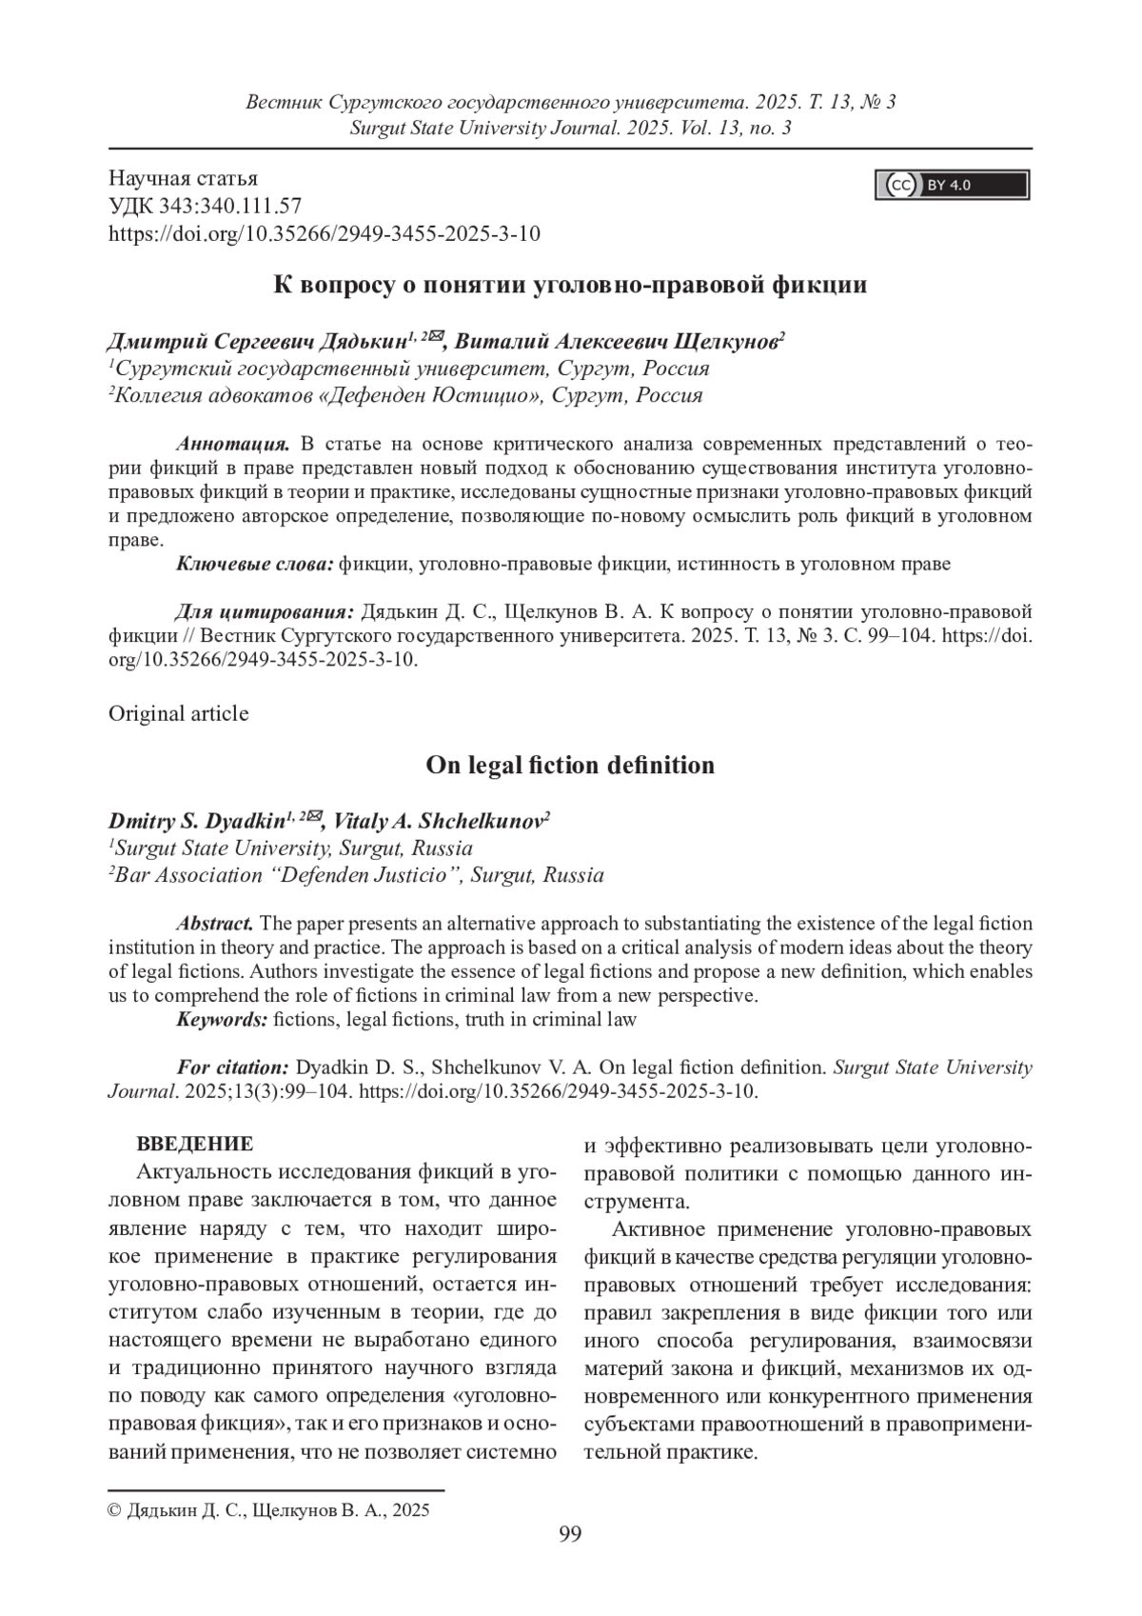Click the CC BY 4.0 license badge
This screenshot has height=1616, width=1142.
tap(952, 185)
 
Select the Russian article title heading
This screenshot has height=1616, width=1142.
tap(570, 284)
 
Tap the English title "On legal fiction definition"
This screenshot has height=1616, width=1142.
tap(570, 765)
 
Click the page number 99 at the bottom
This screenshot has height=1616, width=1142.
tap(571, 1533)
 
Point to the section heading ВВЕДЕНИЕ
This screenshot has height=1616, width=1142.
tap(195, 1144)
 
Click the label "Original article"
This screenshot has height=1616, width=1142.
tap(179, 713)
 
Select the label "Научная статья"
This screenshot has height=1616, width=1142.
tap(184, 178)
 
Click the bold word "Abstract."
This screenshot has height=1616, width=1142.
tap(215, 923)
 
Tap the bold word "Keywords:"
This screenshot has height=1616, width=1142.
tap(222, 1020)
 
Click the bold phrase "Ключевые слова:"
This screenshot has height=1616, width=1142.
tap(254, 564)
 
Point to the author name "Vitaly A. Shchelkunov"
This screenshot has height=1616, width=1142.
tap(437, 821)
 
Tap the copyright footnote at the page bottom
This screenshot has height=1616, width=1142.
tap(269, 1509)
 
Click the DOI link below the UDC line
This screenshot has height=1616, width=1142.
tap(325, 233)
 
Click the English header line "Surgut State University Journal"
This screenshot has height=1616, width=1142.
tap(571, 128)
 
